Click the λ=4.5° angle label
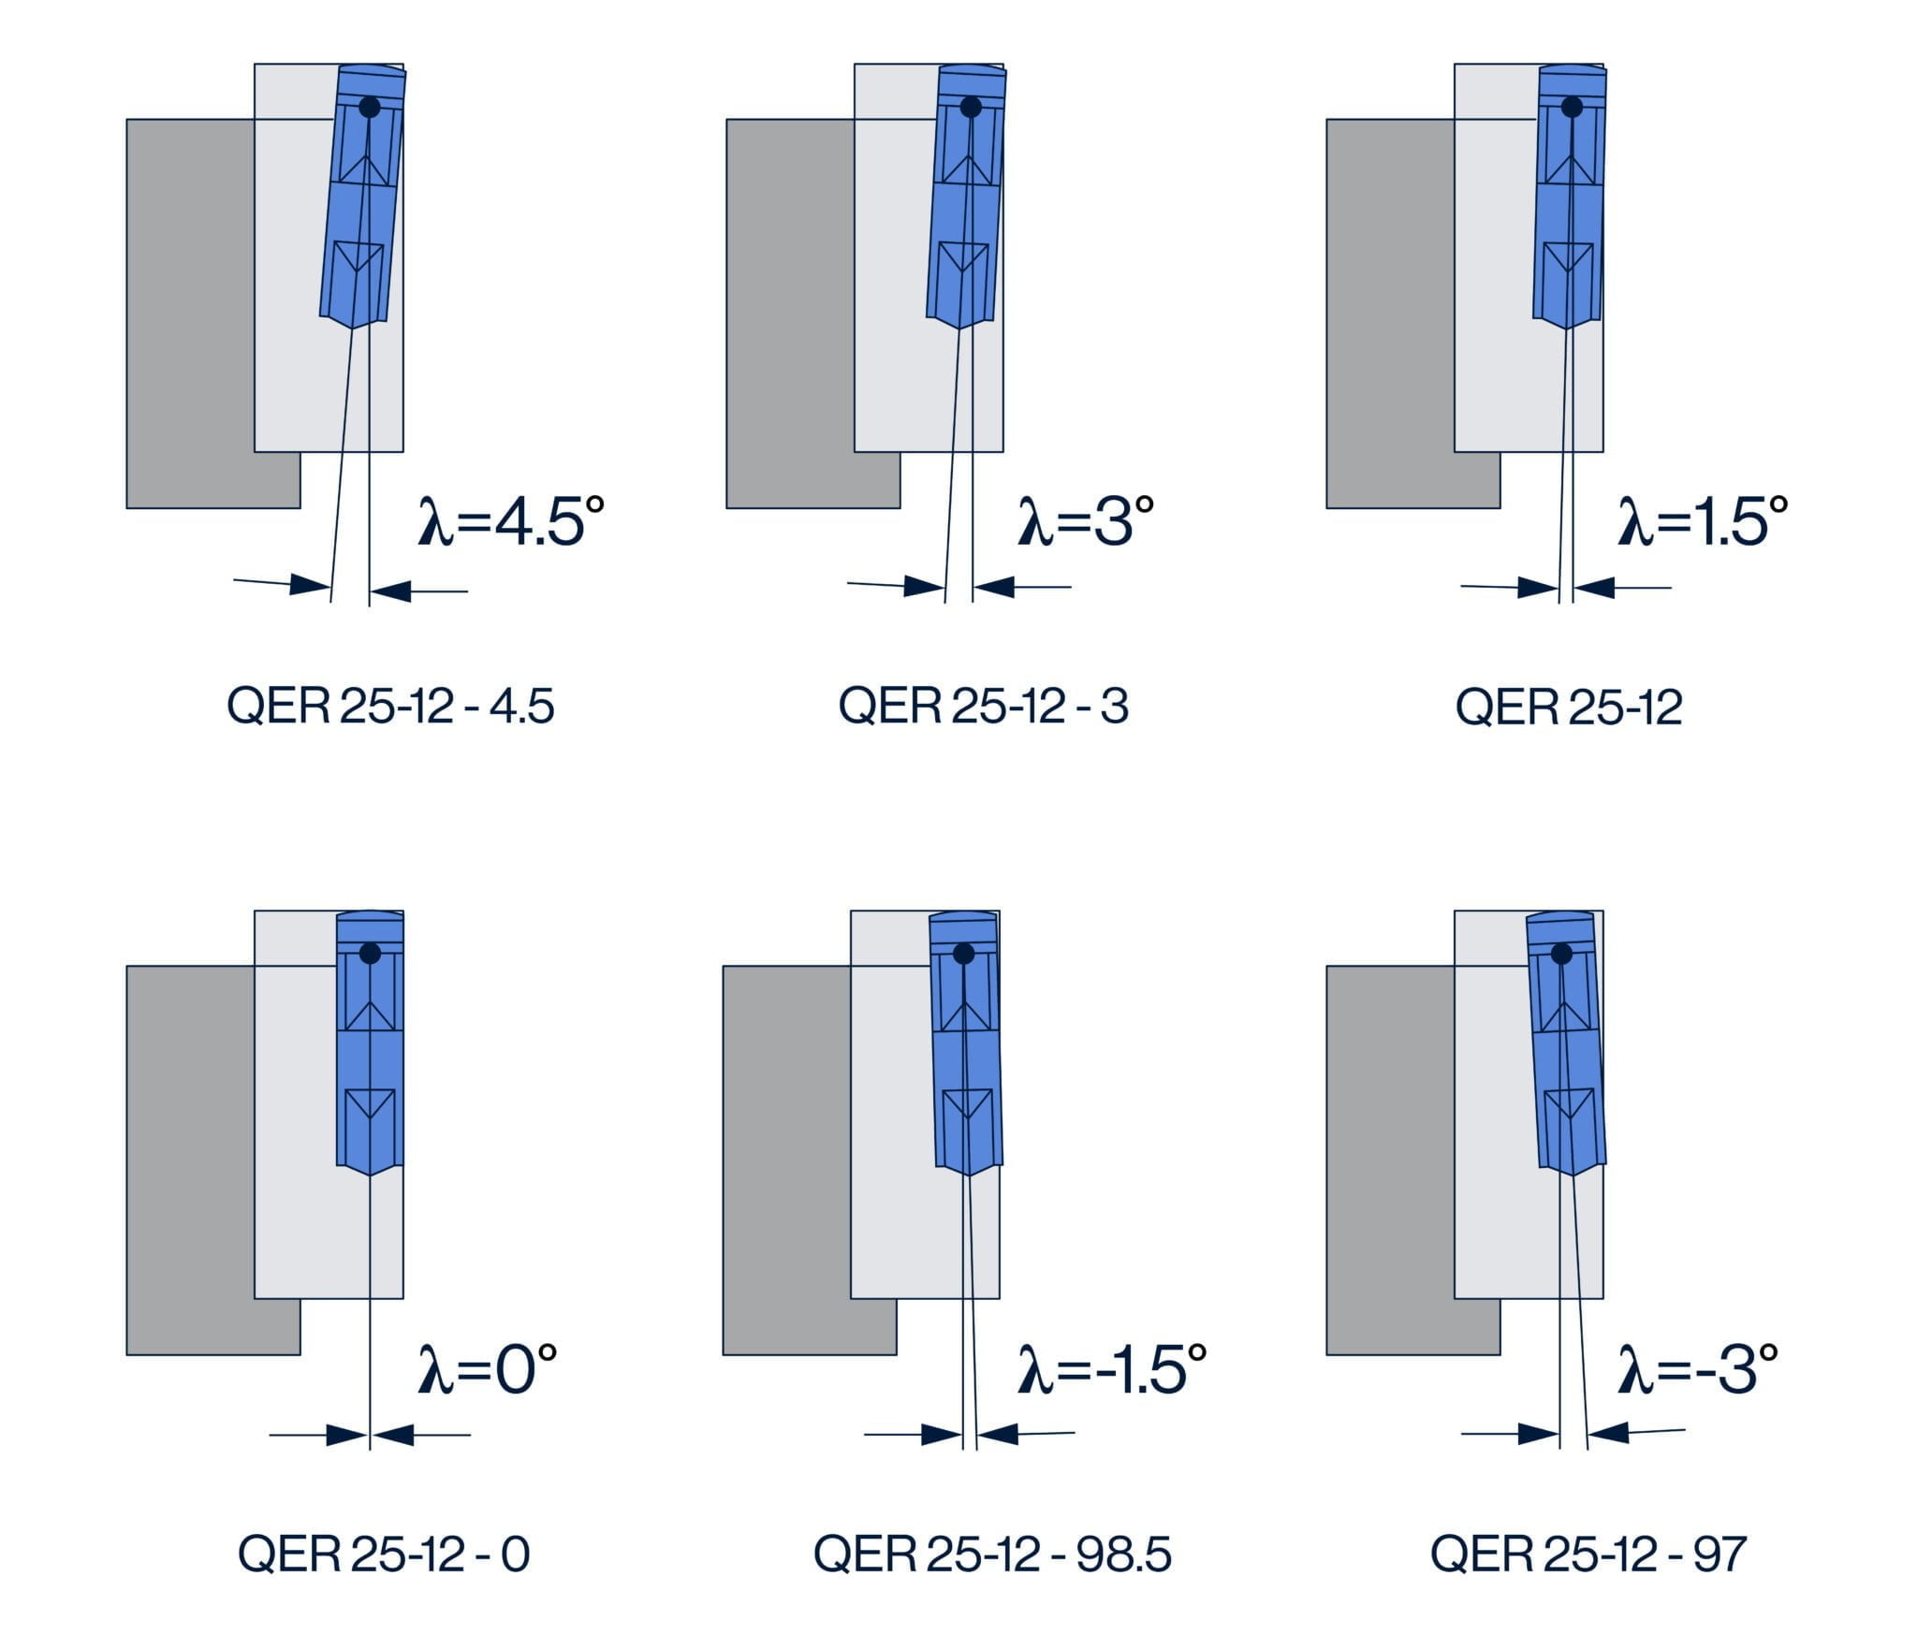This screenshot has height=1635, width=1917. (511, 521)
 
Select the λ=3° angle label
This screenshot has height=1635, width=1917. (1086, 521)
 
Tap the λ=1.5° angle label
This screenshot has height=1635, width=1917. (1703, 521)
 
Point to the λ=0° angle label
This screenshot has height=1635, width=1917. (487, 1368)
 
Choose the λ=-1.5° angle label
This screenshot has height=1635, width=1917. (1112, 1368)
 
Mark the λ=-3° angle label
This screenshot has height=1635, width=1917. (1698, 1368)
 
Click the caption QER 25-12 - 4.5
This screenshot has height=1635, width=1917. (390, 706)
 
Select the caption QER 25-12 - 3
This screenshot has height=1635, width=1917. (983, 706)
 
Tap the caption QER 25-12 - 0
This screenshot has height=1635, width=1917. (384, 1554)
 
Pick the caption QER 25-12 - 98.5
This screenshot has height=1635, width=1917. (992, 1554)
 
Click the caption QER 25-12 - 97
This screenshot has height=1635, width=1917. (1588, 1554)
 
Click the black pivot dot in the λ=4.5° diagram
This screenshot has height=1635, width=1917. (370, 107)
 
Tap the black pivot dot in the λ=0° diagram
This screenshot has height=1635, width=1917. (370, 954)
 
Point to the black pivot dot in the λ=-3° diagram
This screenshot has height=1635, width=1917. (1561, 954)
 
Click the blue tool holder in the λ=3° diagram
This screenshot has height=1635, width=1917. (964, 215)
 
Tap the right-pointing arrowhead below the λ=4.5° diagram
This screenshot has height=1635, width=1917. (310, 586)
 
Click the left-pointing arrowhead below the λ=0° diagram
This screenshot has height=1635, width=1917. (393, 1435)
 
